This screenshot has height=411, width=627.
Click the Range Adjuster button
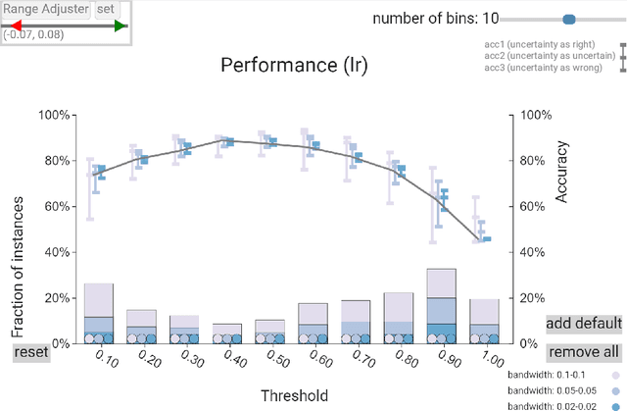click(x=45, y=10)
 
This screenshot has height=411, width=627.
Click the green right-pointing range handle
click(x=121, y=26)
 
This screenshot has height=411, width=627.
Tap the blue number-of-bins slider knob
click(x=569, y=19)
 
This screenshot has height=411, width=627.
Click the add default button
click(x=584, y=324)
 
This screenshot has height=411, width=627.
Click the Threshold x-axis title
click(x=295, y=395)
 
